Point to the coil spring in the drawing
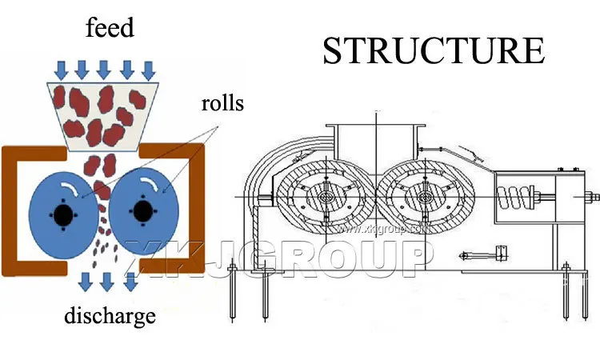tap(516, 198)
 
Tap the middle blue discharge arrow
tap(106, 282)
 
